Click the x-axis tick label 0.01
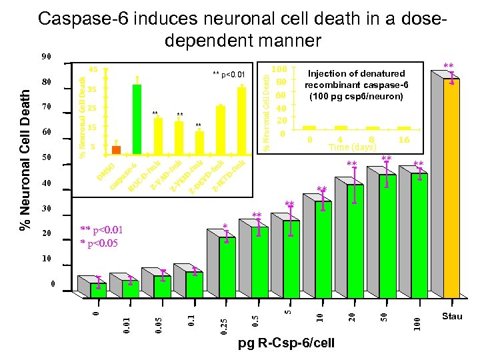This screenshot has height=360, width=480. pos(127,325)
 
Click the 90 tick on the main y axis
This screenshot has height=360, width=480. pos(46,57)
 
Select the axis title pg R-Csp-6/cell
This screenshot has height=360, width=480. pos(287,343)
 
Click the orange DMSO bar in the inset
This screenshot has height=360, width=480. pos(116,149)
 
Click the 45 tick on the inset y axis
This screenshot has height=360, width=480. pos(93,69)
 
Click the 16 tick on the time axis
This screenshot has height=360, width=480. pos(403,140)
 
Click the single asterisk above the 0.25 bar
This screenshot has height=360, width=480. pos(225,227)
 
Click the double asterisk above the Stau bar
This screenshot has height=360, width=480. pos(449,66)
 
